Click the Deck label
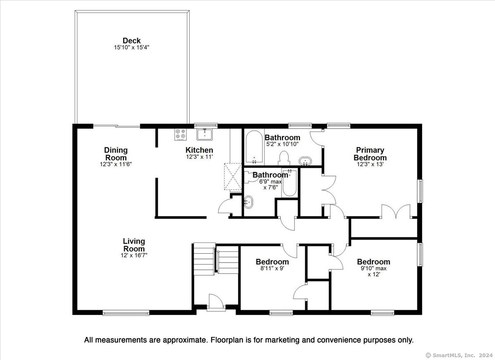click(x=132, y=41)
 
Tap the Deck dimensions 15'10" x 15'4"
click(x=132, y=47)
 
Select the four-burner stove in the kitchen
click(x=180, y=134)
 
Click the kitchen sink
click(x=205, y=134)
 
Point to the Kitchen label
click(x=199, y=150)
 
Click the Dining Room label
click(x=116, y=154)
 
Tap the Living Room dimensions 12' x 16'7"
click(x=134, y=255)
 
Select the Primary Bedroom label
click(x=370, y=154)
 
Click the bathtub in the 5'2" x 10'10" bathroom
click(x=254, y=147)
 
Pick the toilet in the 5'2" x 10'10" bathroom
click(x=284, y=158)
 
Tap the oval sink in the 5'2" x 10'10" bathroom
click(x=305, y=161)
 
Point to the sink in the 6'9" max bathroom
click(x=248, y=202)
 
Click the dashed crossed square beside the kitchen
click(x=233, y=176)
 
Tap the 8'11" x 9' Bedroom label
click(x=272, y=262)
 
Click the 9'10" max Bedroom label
click(x=373, y=262)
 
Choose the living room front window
click(x=126, y=313)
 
